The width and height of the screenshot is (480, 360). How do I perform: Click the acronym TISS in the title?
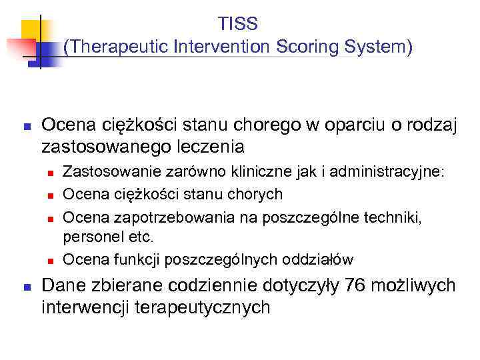coord(238,24)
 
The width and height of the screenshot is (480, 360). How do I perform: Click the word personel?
coord(90,237)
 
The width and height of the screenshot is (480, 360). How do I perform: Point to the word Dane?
coord(61,286)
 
